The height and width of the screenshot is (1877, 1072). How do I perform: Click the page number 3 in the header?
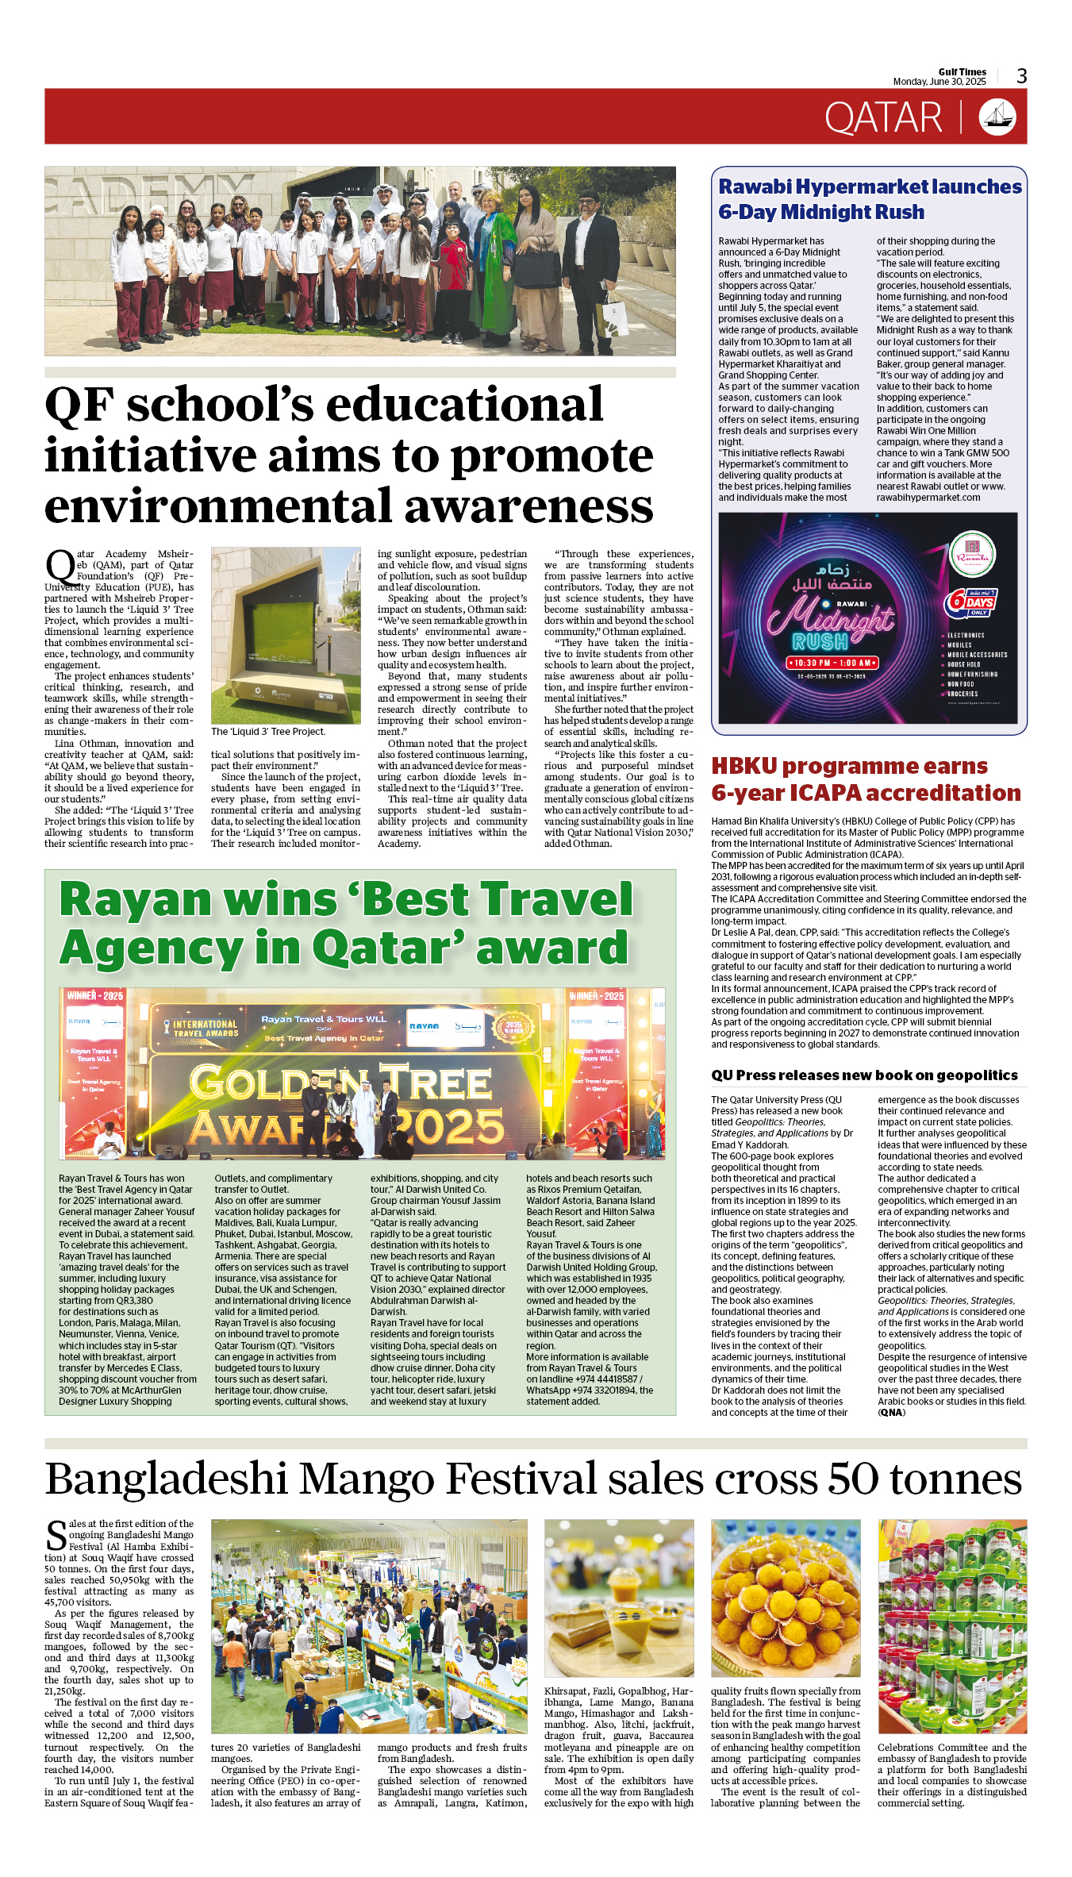1022,76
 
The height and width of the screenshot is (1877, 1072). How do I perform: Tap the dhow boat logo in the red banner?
997,117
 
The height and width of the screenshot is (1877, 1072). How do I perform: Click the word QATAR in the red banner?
883,118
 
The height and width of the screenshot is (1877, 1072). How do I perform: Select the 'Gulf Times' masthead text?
962,71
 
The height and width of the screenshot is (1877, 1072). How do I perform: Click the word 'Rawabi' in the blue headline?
755,187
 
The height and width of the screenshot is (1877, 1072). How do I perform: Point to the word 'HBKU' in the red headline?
743,766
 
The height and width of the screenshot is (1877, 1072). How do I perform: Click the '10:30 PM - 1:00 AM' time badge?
832,662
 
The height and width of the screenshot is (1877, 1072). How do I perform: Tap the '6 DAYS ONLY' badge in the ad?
970,602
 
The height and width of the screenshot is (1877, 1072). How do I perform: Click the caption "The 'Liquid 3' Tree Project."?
267,732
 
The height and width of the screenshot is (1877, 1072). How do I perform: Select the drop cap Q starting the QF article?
60,567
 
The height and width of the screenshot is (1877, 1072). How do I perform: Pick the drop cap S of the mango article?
56,1535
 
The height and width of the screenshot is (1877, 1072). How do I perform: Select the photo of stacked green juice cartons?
952,1625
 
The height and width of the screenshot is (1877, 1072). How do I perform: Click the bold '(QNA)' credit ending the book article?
891,1412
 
